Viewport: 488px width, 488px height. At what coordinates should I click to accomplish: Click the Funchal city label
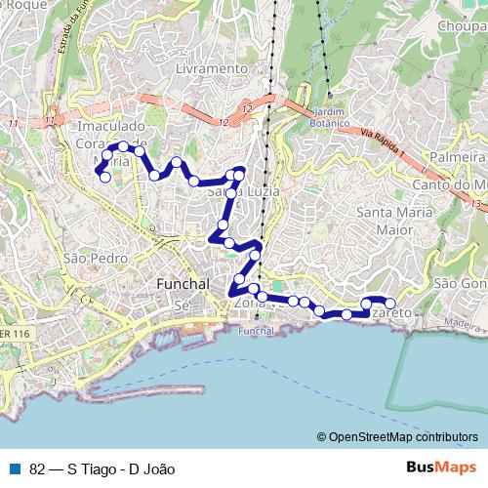pyautogui.click(x=183, y=283)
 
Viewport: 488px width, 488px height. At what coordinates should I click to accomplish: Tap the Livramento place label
pyautogui.click(x=213, y=69)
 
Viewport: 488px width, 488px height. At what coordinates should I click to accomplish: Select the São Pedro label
pyautogui.click(x=82, y=258)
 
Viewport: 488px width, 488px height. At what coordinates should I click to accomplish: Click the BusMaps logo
pyautogui.click(x=442, y=467)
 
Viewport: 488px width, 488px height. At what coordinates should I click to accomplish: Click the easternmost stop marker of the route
pyautogui.click(x=390, y=304)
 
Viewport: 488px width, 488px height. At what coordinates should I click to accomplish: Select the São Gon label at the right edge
pyautogui.click(x=460, y=283)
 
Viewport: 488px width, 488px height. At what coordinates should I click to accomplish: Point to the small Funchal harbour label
pyautogui.click(x=257, y=331)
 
